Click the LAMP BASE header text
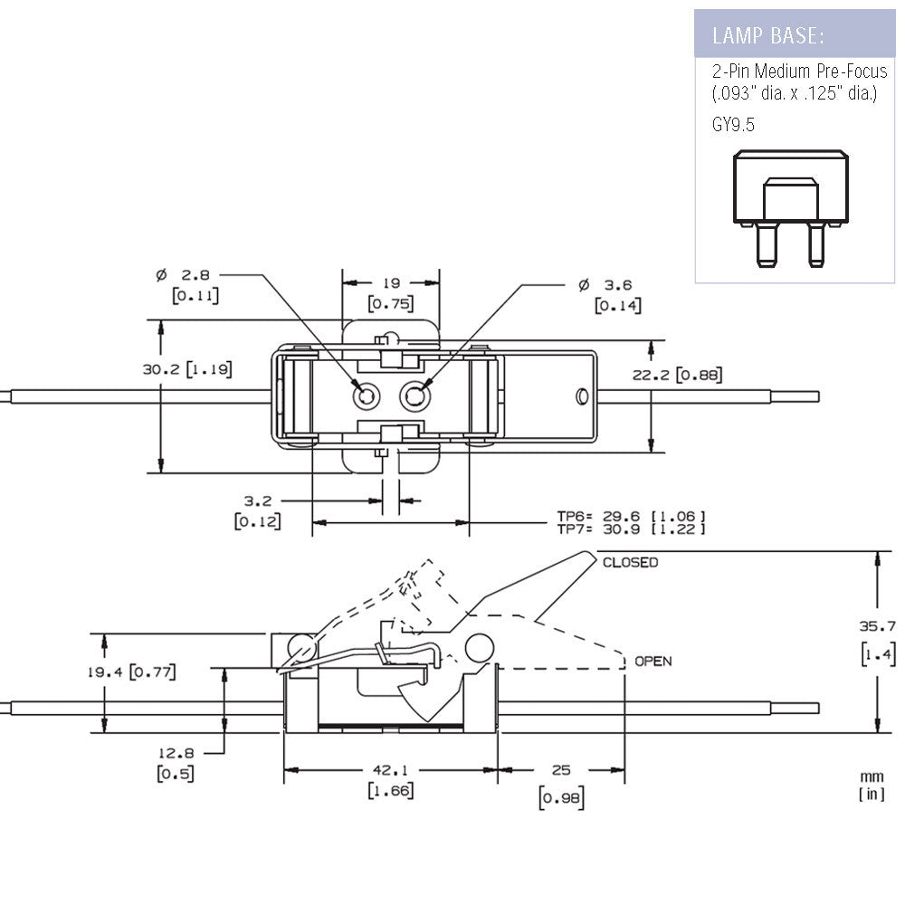pos(767,36)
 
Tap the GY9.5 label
pos(733,125)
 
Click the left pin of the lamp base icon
pos(765,244)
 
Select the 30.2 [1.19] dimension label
pos(186,369)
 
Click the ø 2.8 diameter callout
pos(187,274)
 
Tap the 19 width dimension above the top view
pos(390,282)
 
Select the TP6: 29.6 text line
pos(630,517)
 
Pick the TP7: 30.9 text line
pos(630,529)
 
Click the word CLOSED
pos(631,563)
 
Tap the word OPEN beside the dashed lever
pos(653,662)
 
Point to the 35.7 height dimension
pos(878,625)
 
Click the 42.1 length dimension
pos(391,770)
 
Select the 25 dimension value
pos(561,770)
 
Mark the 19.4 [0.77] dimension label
pos(139,672)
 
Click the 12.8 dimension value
pos(176,753)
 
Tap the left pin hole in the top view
pos(367,395)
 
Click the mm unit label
pos(872,776)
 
